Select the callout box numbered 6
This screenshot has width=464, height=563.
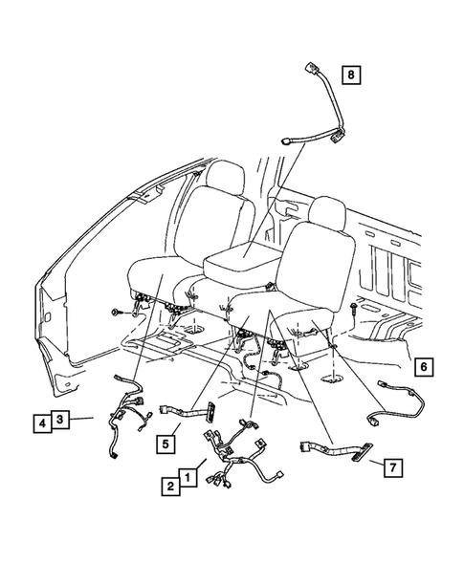coord(424,364)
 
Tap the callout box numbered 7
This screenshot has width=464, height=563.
coord(392,466)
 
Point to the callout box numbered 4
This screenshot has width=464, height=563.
coord(43,420)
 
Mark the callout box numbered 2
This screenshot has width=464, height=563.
coord(169,486)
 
